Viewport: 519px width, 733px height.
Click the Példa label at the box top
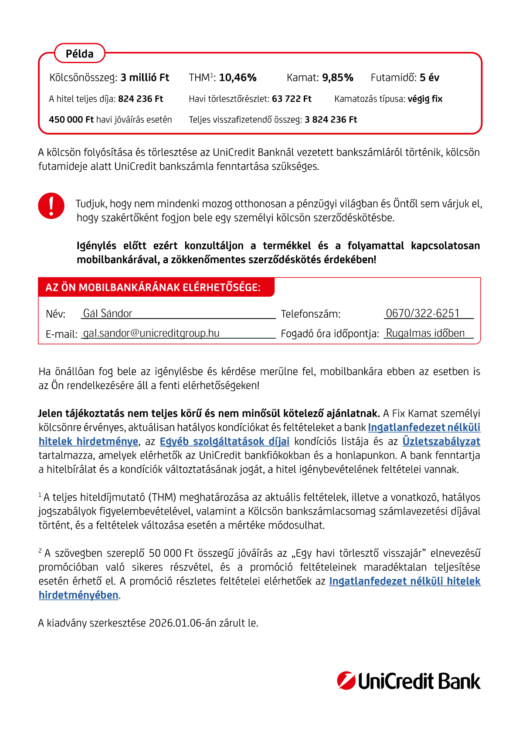click(80, 54)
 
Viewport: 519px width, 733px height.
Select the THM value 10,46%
click(237, 77)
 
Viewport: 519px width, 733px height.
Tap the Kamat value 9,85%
click(337, 77)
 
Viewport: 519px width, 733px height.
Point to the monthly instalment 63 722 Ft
click(292, 99)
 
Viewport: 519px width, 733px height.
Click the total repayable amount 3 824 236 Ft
click(331, 120)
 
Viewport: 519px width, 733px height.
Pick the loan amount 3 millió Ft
click(145, 77)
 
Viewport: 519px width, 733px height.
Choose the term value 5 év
click(429, 77)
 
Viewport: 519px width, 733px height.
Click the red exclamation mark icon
click(51, 205)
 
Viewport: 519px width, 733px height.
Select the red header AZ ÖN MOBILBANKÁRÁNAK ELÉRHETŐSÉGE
click(153, 288)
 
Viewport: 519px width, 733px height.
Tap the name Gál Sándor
click(108, 313)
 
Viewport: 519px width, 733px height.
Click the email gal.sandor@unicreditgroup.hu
click(151, 333)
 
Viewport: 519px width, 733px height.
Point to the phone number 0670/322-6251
click(422, 313)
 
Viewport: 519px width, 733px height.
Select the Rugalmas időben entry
click(425, 333)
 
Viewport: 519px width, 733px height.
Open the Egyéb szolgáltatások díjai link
click(224, 441)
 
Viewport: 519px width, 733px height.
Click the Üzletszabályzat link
click(441, 441)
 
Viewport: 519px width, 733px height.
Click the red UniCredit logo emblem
click(346, 681)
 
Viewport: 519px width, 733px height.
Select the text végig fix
click(425, 99)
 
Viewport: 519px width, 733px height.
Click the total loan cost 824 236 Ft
click(140, 99)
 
